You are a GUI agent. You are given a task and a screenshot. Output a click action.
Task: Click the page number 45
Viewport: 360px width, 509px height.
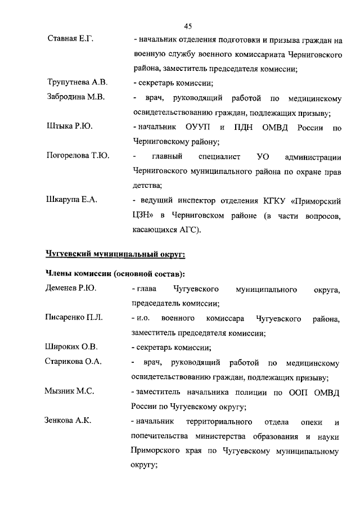(x=188, y=25)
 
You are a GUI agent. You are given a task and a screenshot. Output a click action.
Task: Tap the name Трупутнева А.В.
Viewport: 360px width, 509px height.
(x=77, y=83)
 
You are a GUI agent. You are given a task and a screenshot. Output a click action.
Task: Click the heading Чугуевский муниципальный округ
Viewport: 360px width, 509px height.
(x=115, y=254)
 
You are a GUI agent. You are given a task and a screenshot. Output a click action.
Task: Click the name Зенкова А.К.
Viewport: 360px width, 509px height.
(x=68, y=420)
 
